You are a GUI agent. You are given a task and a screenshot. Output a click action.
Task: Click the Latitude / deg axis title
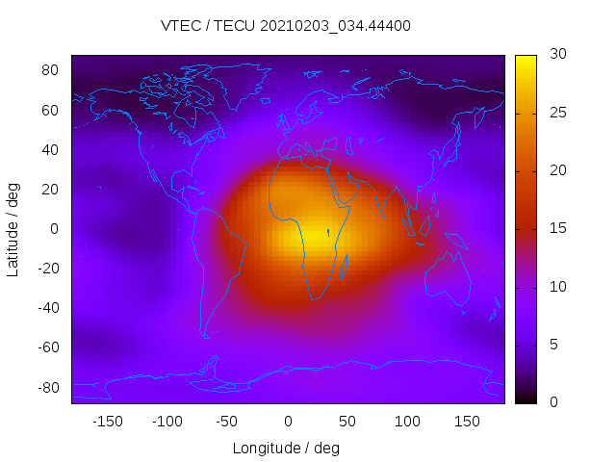(x=13, y=229)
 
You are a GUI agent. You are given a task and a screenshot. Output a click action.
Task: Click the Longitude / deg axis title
(x=286, y=448)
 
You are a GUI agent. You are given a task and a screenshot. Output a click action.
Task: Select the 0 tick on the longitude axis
(x=287, y=421)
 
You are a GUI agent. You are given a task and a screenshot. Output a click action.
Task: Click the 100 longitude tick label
(x=407, y=421)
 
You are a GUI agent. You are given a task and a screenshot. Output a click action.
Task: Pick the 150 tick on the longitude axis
(x=467, y=421)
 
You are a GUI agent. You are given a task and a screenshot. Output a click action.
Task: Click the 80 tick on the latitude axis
(x=51, y=70)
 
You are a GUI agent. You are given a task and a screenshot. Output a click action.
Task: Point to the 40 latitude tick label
(x=51, y=149)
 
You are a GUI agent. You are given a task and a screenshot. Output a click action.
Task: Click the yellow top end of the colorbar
(x=525, y=60)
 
